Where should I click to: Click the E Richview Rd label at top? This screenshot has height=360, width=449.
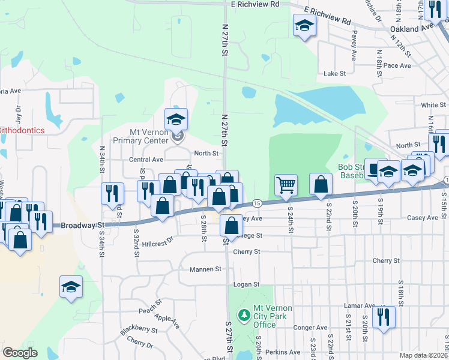(255, 4)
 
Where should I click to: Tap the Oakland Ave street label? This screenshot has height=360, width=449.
(411, 28)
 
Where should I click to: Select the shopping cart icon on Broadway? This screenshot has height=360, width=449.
(286, 185)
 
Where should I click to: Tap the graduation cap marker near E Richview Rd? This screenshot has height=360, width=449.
(304, 26)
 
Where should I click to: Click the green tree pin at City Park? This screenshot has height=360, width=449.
(244, 314)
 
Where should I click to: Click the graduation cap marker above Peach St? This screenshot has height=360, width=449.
(71, 287)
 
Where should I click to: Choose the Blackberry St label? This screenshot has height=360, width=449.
(138, 329)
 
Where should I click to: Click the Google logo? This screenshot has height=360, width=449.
(20, 352)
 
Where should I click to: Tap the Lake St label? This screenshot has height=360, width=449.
(335, 74)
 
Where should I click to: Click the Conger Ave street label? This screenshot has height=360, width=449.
(310, 328)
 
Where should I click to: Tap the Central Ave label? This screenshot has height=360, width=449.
(146, 160)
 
